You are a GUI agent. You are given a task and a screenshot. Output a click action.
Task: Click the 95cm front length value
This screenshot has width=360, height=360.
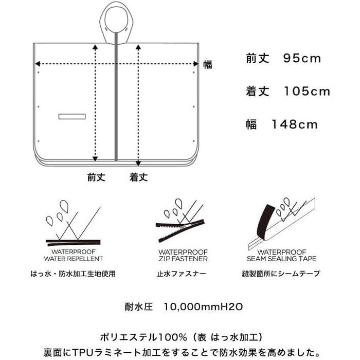click(302, 58)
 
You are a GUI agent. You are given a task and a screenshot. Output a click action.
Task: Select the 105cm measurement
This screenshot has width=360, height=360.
click(307, 92)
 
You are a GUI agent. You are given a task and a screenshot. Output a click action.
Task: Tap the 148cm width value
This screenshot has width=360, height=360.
click(295, 124)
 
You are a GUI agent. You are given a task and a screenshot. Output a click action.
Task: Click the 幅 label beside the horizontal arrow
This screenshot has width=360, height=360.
click(208, 64)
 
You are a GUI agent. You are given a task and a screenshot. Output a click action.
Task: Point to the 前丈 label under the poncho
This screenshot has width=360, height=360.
click(96, 177)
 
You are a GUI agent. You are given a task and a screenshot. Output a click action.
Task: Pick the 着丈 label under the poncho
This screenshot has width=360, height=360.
click(139, 177)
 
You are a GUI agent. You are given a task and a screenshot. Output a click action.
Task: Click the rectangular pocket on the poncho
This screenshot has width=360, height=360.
click(72, 116)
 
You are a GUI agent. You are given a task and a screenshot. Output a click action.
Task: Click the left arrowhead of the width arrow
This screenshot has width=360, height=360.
click(38, 64)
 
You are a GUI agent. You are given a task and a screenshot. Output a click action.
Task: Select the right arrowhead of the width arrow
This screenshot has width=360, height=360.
click(196, 64)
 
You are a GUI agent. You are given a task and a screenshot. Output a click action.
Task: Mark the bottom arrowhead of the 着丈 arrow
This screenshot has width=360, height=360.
click(138, 163)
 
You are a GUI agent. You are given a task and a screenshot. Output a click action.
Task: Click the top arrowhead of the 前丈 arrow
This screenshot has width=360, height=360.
click(95, 47)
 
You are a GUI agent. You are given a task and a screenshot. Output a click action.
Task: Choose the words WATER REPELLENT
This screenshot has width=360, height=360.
click(74, 259)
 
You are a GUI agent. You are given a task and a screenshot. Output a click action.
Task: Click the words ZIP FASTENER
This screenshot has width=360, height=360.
click(183, 259)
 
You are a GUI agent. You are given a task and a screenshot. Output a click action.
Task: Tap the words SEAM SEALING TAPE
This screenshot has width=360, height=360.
click(282, 259)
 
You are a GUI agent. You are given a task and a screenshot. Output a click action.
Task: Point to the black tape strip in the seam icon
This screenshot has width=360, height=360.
click(266, 222)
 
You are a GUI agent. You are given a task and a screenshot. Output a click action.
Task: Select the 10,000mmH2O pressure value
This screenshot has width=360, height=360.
click(203, 307)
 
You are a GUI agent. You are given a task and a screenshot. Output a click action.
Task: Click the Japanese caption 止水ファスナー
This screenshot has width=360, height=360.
click(181, 274)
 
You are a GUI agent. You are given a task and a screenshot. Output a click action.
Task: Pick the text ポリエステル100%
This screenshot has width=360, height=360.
click(143, 337)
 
